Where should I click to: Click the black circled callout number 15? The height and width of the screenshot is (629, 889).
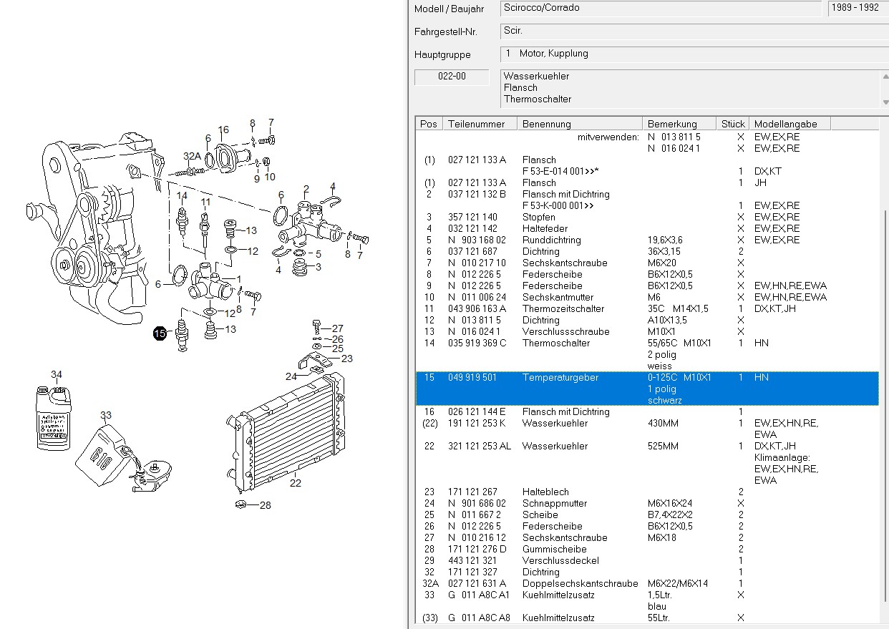(160, 333)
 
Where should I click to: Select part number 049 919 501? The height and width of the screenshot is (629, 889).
(472, 377)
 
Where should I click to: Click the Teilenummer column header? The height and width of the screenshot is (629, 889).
(476, 124)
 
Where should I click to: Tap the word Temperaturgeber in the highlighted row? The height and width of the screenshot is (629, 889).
(560, 377)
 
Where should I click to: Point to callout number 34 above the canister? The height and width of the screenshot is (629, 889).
(57, 374)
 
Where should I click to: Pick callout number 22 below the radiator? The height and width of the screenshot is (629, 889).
(296, 483)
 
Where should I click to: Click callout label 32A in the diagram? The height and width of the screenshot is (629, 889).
(192, 156)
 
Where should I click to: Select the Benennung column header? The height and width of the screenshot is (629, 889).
(546, 124)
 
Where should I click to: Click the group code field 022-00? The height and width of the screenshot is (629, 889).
(452, 76)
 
